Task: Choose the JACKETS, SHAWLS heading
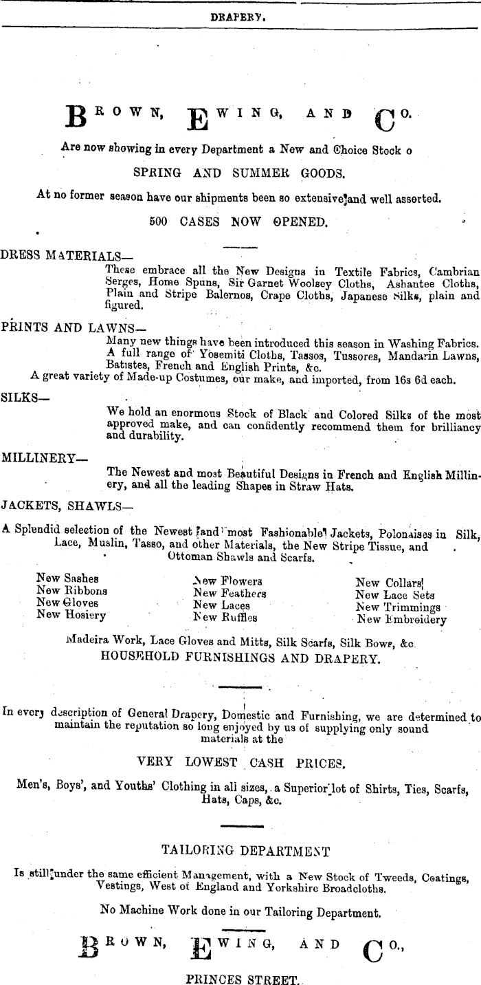point(67,506)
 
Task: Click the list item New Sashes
point(67,578)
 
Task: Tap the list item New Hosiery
point(71,615)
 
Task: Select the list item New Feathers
point(230,593)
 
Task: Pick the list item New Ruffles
point(225,617)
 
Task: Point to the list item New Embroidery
point(402,619)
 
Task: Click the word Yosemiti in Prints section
point(190,355)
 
